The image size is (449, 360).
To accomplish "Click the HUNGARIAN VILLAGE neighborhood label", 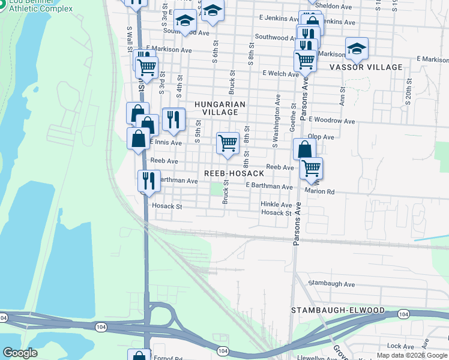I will point(220,108).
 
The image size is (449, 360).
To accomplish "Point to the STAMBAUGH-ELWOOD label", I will point(337,310).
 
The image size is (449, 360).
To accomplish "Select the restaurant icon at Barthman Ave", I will point(149,181).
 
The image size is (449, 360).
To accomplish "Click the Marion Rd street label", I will point(319,191).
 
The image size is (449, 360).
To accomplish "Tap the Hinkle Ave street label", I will point(276,205).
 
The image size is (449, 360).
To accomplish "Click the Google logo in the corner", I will point(20,353).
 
